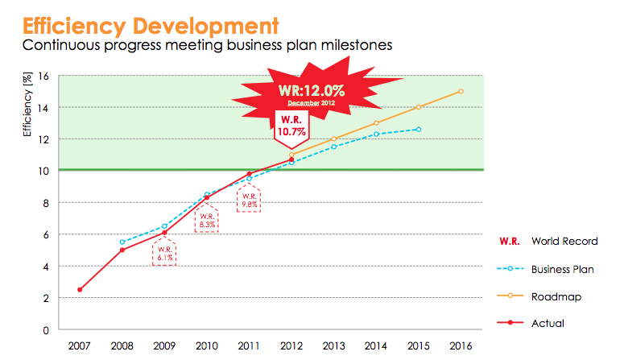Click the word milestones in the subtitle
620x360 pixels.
tap(352, 45)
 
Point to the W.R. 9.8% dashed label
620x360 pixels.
tap(248, 200)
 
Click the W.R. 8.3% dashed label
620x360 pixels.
tap(206, 221)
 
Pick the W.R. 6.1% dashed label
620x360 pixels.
tap(163, 253)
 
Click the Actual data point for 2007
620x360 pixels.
tap(79, 290)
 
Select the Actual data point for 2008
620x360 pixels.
tap(122, 250)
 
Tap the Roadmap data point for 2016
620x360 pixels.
tap(461, 91)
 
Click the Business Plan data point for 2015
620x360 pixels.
tap(418, 129)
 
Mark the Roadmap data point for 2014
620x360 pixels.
tap(376, 122)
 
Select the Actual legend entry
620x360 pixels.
tap(548, 323)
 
